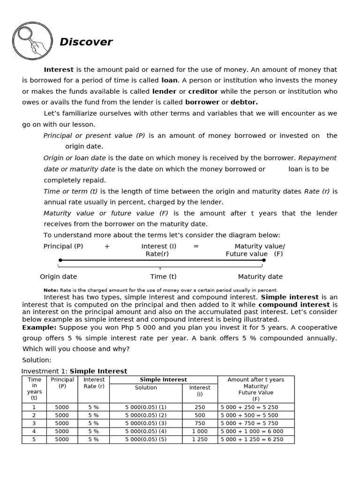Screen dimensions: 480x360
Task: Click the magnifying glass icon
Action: coord(32,41)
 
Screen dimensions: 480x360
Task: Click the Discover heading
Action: coord(86,42)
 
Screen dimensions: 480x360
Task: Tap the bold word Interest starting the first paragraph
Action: coord(59,69)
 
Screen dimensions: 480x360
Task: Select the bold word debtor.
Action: coord(244,102)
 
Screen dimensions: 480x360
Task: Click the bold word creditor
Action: coord(203,91)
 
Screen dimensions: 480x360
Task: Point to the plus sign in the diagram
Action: coord(107,246)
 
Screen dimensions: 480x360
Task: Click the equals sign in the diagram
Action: coord(196,246)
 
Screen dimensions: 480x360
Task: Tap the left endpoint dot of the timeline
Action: coord(60,260)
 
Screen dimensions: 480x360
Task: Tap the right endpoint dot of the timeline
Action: coord(264,260)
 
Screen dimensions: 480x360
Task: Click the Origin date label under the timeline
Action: coord(59,277)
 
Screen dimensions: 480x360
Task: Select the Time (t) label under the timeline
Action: coord(163,277)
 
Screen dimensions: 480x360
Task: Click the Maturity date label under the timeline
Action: coord(260,277)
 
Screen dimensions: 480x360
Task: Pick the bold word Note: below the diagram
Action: coord(51,290)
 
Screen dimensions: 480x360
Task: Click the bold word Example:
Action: coord(39,328)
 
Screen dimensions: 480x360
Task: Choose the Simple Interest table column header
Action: coord(163,380)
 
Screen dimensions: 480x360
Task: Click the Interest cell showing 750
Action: coord(200,423)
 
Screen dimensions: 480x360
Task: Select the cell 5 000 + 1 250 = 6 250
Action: coord(252,440)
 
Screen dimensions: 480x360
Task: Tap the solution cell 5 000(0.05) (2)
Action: coord(146,415)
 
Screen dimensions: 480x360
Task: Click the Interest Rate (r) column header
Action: coord(94,383)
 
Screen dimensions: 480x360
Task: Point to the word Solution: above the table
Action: coord(37,360)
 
